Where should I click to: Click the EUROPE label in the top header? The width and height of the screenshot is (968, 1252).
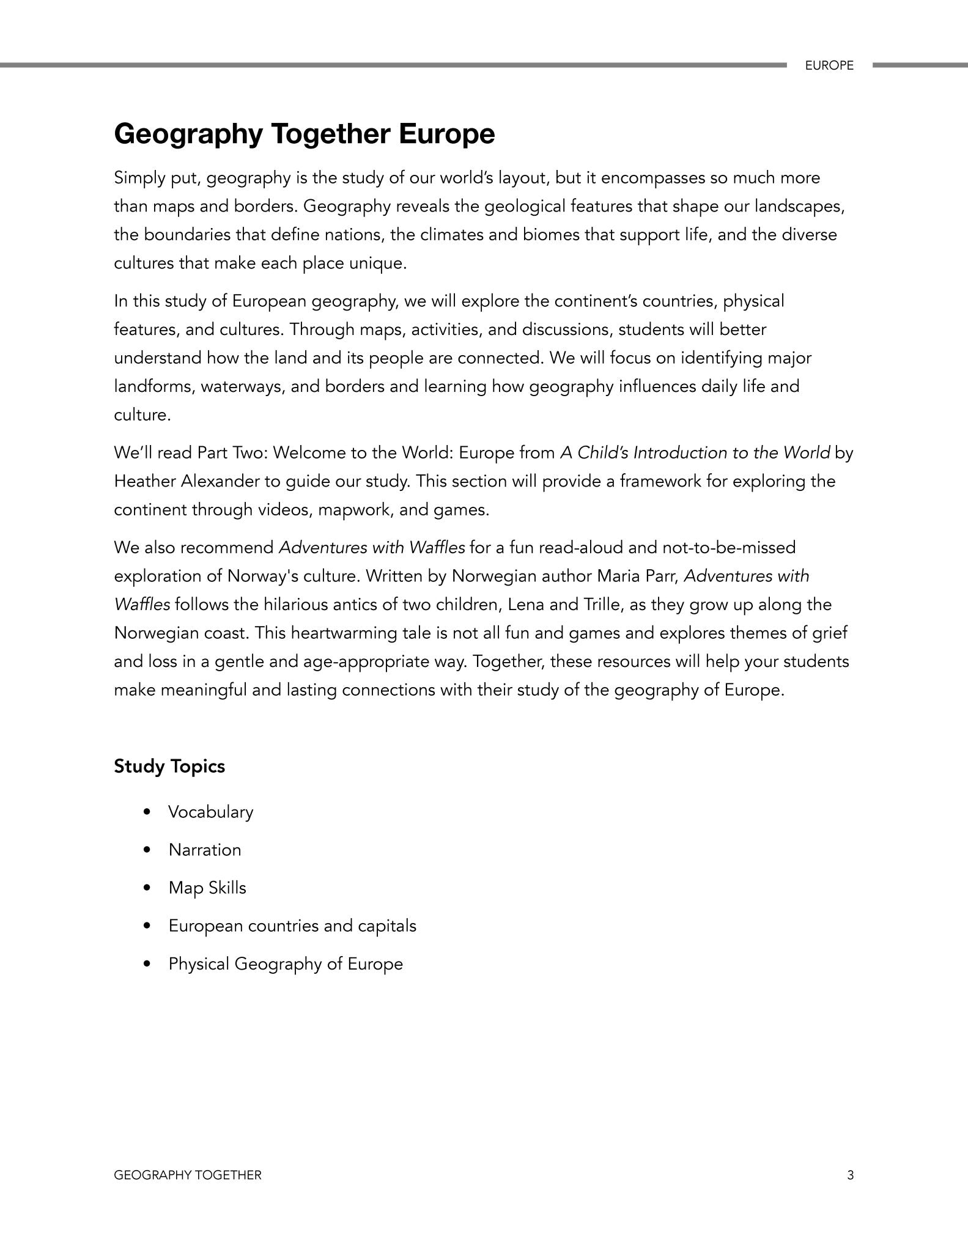(x=829, y=65)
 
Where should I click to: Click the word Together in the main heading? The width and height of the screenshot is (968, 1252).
(x=331, y=134)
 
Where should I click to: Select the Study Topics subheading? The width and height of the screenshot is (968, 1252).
(x=169, y=766)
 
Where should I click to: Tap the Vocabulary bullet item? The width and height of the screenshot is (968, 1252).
(x=210, y=812)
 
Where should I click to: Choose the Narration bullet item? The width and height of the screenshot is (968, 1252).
(x=205, y=850)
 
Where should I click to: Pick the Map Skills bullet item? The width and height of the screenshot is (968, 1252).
(x=207, y=888)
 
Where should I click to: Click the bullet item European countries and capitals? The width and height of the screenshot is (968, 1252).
(x=292, y=926)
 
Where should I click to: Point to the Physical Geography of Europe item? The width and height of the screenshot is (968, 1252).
(x=286, y=963)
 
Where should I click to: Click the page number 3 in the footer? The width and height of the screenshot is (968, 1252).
(x=850, y=1175)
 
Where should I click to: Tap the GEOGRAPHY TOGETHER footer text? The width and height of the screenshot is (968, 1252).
(x=188, y=1175)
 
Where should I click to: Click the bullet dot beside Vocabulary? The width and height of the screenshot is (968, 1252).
(x=146, y=812)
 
